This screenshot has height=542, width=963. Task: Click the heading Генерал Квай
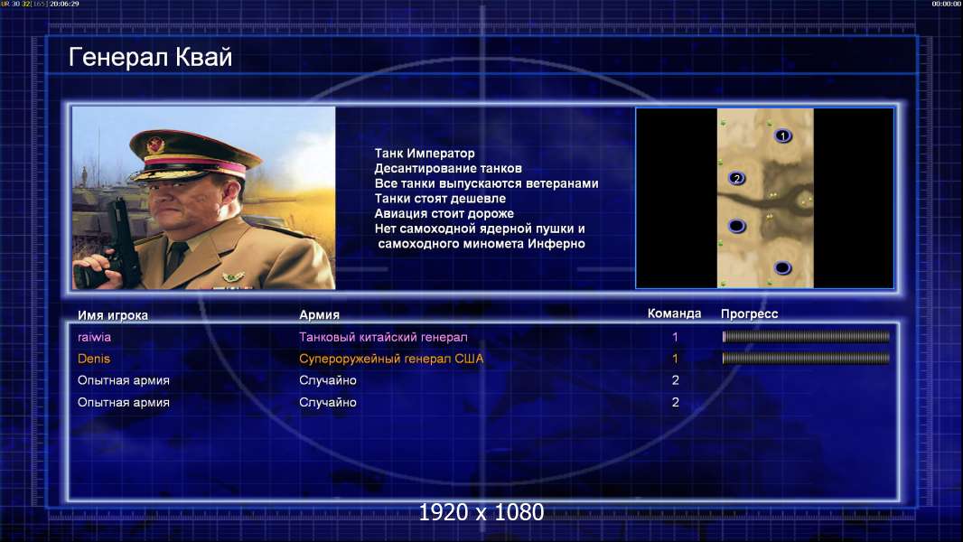(151, 57)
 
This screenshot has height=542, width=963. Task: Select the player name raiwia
(94, 337)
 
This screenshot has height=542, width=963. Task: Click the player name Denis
(93, 359)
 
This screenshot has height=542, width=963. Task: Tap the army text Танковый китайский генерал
(383, 337)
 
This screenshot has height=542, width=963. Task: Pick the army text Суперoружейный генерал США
(391, 359)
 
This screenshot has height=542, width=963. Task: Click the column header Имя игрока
(112, 315)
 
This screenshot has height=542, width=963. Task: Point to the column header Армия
(320, 314)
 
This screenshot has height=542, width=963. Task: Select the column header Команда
(674, 313)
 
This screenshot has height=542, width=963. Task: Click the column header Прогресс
(749, 313)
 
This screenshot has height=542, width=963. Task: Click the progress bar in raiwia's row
(806, 336)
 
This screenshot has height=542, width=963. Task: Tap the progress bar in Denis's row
(806, 358)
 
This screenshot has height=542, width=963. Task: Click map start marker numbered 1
(782, 135)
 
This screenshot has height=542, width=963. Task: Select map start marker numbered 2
(736, 179)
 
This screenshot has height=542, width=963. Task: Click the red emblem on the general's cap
(156, 145)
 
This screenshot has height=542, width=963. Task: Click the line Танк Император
(425, 154)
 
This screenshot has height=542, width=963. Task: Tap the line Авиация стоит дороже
(444, 213)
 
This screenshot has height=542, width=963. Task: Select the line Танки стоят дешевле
(440, 198)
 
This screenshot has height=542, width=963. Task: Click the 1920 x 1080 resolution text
(481, 512)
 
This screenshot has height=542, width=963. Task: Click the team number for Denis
(675, 359)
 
